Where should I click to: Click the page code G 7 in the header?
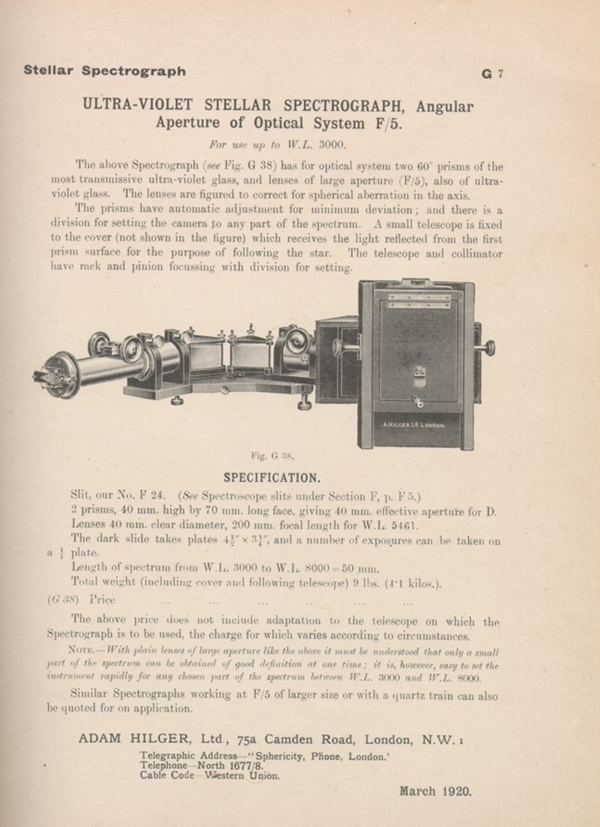(x=492, y=74)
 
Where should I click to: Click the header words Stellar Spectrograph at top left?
(x=104, y=71)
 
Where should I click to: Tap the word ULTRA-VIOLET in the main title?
(x=139, y=105)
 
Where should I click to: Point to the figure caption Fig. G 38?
(x=273, y=455)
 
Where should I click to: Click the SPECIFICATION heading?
(x=272, y=478)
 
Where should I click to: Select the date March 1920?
(x=435, y=791)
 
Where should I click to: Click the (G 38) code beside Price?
(x=63, y=600)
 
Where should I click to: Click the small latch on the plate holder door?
(x=420, y=372)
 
